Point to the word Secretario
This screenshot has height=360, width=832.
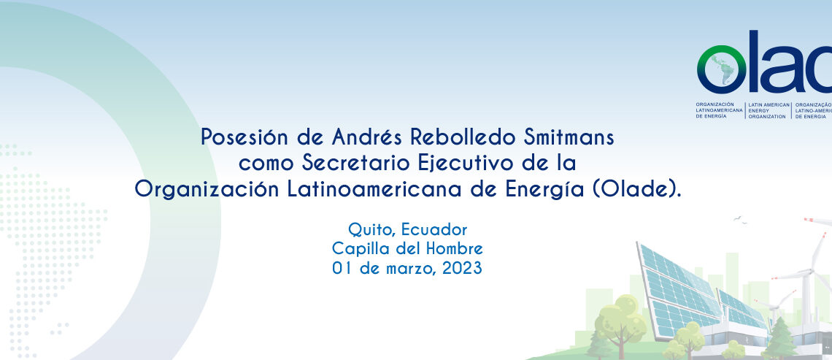[355, 163]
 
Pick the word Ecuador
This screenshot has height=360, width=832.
[434, 230]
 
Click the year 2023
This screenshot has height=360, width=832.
[462, 268]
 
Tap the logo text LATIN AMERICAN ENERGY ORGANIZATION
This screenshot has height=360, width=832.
[769, 110]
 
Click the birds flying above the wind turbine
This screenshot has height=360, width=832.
[740, 220]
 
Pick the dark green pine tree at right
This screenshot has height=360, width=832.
[779, 337]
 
